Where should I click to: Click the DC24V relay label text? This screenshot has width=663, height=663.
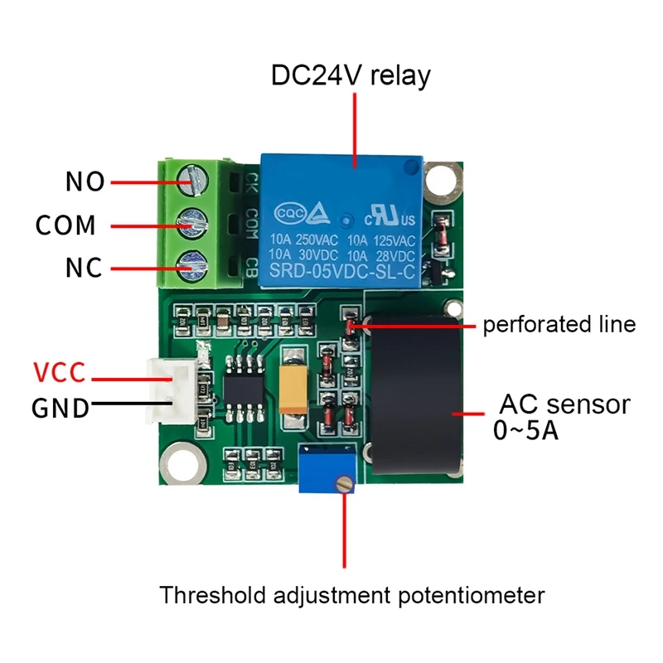351,76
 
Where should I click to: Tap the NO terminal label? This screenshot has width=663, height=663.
85,181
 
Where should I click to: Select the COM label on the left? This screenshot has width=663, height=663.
65,225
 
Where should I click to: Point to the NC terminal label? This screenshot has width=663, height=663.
84,268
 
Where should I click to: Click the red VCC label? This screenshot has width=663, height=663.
59,373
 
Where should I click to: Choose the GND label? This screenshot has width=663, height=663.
60,407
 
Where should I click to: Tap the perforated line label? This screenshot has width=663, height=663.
559,324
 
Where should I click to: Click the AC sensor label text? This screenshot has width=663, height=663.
564,404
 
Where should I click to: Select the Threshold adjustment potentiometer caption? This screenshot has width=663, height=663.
352,595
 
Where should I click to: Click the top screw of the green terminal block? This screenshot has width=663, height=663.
192,177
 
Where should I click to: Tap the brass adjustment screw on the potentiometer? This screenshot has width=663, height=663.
340,485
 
